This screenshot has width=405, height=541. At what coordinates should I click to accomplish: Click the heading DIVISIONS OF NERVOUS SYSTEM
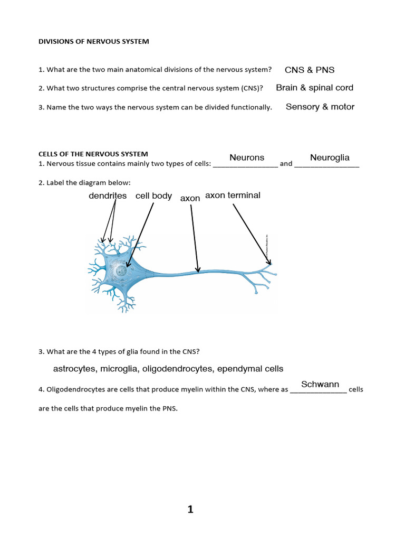94,42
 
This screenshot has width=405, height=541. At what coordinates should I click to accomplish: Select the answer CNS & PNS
310,70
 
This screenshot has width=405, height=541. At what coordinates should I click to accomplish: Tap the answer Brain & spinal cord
314,88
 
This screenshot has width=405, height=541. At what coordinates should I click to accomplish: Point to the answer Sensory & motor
320,107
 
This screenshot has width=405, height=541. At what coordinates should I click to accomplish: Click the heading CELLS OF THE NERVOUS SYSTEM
93,154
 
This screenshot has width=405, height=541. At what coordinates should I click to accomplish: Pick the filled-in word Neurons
247,157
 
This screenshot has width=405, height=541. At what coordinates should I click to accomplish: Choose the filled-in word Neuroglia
330,157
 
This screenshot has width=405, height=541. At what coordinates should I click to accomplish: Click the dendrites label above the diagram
108,195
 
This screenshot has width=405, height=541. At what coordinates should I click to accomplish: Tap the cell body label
153,195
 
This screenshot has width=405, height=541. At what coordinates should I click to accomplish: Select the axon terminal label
233,195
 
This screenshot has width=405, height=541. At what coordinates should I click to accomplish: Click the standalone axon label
190,198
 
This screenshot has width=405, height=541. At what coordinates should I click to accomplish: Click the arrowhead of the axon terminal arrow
269,262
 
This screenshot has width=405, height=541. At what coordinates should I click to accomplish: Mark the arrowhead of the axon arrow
198,270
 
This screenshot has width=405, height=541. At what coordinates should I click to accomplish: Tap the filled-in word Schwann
320,384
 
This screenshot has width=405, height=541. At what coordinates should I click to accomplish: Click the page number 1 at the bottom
190,510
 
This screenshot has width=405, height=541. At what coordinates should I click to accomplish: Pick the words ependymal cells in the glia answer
250,369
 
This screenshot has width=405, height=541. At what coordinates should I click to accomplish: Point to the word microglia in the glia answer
120,369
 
